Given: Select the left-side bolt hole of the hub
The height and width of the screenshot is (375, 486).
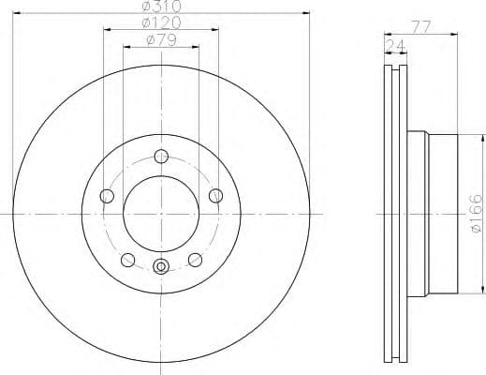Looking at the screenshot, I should point(107,195).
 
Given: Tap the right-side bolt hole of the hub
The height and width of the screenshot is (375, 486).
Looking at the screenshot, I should point(216,194).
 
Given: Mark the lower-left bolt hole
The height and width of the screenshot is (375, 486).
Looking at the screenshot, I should point(128,260).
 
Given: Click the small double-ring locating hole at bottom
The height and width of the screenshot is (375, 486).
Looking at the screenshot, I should point(161,266).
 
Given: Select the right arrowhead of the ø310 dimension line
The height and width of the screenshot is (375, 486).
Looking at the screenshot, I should point(305,14).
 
